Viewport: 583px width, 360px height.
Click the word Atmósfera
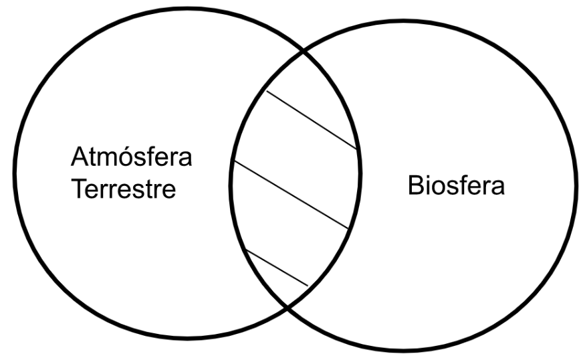pyautogui.click(x=131, y=157)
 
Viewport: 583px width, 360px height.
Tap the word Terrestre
pyautogui.click(x=124, y=189)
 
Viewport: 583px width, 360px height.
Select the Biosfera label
pyautogui.click(x=456, y=185)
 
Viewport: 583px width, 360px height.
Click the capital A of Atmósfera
pyautogui.click(x=79, y=157)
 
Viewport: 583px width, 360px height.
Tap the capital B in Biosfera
pyautogui.click(x=416, y=185)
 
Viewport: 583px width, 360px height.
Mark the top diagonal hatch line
pyautogui.click(x=312, y=120)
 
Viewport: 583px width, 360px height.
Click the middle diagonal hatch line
pyautogui.click(x=291, y=194)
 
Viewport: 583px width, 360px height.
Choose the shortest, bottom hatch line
pyautogui.click(x=277, y=268)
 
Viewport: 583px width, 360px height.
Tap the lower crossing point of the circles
pyautogui.click(x=287, y=306)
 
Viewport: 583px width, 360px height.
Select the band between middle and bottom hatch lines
pyautogui.click(x=286, y=230)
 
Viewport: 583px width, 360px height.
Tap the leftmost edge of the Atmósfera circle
pyautogui.click(x=15, y=173)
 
